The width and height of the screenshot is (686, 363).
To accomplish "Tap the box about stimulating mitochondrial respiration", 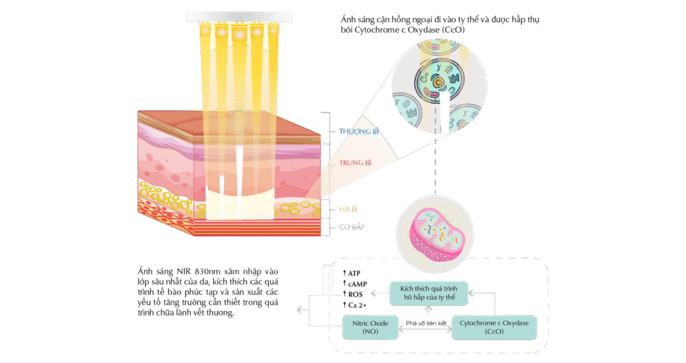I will pos(429,291).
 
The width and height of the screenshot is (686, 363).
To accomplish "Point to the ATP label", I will pos(351,274).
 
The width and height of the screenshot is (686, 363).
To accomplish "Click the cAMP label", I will pos(353,284).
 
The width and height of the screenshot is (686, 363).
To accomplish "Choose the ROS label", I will pos(352,294).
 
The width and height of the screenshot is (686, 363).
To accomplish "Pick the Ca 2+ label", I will pos(353,305).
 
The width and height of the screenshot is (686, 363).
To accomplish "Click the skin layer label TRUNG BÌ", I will pos(355,162).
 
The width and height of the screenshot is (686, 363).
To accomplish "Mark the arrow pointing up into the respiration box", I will pos(429,310).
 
